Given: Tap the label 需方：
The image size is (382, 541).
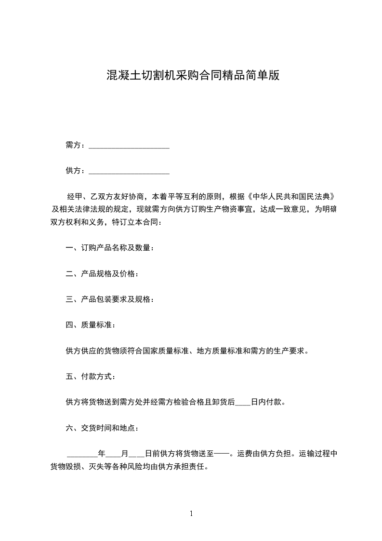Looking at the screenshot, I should point(76,145).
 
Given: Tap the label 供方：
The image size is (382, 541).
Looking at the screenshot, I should point(76,171).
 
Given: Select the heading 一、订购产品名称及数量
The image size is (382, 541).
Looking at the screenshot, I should point(110,248).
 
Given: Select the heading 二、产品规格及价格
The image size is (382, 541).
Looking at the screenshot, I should point(102,274).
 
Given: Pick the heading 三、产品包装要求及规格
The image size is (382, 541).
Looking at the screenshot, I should point(110,299).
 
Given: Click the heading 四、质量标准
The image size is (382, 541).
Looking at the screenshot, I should point(90,325).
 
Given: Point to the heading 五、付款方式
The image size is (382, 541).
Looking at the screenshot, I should point(90,376).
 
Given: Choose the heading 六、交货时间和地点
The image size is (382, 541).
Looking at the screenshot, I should point(102,427).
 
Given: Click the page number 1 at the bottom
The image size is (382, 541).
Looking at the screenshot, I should point(191,514).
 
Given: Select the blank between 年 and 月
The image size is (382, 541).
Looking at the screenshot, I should point(113,455).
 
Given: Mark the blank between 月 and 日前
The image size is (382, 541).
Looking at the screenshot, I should point(137,455).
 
